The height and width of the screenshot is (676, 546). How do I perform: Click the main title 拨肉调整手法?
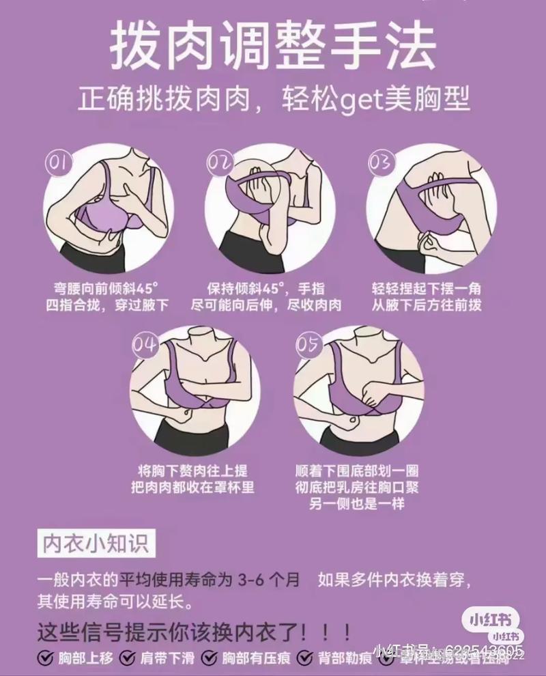[273, 46]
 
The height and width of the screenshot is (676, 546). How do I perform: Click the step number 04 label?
[145, 345]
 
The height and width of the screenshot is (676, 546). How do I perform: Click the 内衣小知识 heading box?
[95, 544]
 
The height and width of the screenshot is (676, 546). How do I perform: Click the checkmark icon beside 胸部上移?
[45, 658]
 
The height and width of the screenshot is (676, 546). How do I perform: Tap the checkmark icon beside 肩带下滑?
[128, 658]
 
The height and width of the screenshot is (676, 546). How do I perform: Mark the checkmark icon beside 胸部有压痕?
[212, 658]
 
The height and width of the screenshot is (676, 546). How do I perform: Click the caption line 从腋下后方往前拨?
[427, 305]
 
